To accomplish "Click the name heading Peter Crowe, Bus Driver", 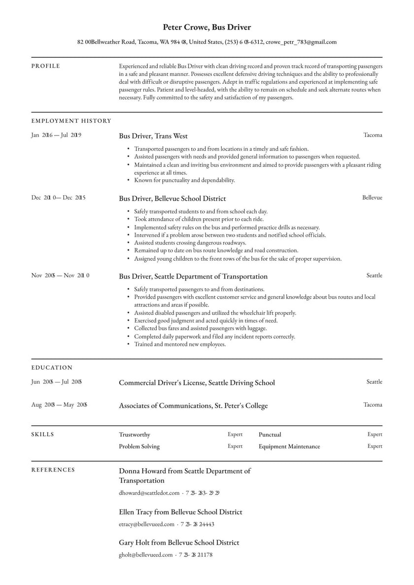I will click(x=207, y=27).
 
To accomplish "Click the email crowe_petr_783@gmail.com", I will click(x=301, y=42).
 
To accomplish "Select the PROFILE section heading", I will click(x=45, y=66).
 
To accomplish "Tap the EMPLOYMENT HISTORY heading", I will click(x=71, y=121).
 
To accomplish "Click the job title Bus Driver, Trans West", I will click(x=153, y=136).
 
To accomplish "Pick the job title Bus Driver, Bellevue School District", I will click(x=172, y=199).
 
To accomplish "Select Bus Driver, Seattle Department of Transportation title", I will click(x=193, y=276).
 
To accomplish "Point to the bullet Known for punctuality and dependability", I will click(x=184, y=180).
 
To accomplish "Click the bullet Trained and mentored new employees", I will click(x=179, y=344).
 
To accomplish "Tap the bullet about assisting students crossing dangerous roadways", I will click(x=190, y=242).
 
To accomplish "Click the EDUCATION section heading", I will click(x=52, y=368).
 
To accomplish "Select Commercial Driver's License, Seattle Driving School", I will click(x=197, y=383).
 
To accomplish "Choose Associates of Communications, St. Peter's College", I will click(x=193, y=406).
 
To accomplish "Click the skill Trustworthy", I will click(x=135, y=435).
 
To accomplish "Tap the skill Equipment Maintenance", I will click(x=289, y=447).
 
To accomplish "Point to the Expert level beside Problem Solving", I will click(x=235, y=446).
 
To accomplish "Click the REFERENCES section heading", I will click(x=53, y=470).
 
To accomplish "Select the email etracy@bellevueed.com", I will click(x=146, y=524).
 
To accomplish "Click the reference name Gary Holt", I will click(x=134, y=543).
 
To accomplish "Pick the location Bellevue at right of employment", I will click(x=372, y=198).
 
